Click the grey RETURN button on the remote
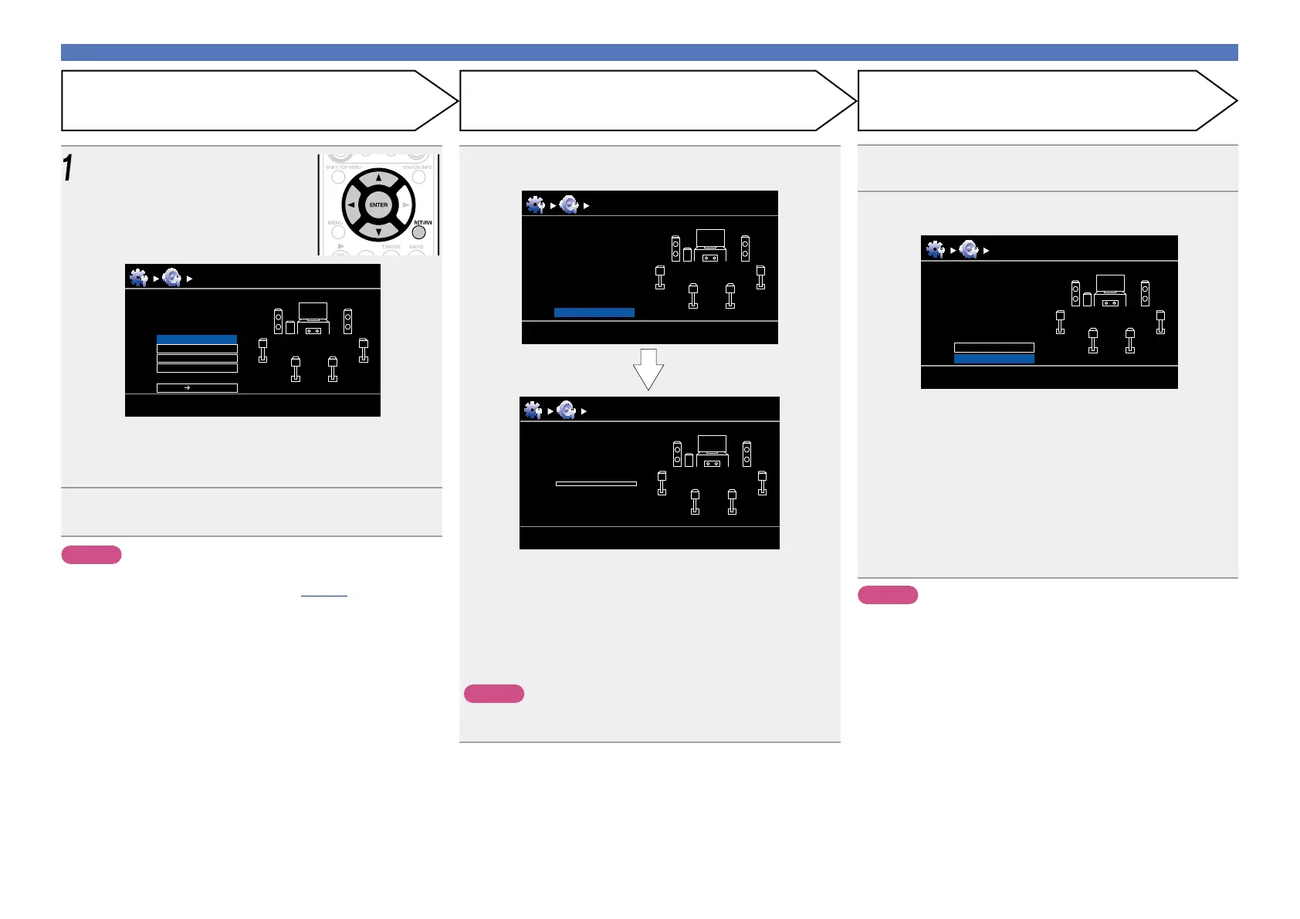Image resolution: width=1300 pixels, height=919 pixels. tap(419, 231)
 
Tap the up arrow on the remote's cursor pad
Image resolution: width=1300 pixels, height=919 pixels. tap(378, 178)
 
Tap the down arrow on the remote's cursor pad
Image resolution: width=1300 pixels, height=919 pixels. tap(378, 231)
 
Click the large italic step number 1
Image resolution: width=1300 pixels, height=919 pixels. tap(68, 168)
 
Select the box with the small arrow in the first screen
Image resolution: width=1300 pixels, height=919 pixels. tap(197, 388)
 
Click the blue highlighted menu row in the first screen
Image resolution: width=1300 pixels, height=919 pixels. tap(197, 340)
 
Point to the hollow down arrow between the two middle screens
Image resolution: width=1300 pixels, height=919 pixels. tap(648, 369)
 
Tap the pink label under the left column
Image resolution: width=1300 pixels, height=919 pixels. tap(91, 555)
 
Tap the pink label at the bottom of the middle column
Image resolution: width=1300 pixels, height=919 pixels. tap(494, 694)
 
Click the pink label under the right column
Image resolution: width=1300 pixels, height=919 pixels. tap(888, 595)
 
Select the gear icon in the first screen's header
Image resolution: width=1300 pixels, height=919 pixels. tap(138, 278)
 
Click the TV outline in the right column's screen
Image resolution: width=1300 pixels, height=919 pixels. tap(1110, 283)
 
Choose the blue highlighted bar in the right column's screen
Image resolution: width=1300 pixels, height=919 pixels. tap(994, 359)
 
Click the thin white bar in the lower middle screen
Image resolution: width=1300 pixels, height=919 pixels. tap(596, 484)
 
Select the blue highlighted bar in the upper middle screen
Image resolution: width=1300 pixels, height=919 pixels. tap(594, 313)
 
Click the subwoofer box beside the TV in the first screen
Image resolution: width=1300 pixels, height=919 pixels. tap(290, 327)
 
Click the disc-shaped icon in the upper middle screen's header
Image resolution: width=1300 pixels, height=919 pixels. tap(569, 204)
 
